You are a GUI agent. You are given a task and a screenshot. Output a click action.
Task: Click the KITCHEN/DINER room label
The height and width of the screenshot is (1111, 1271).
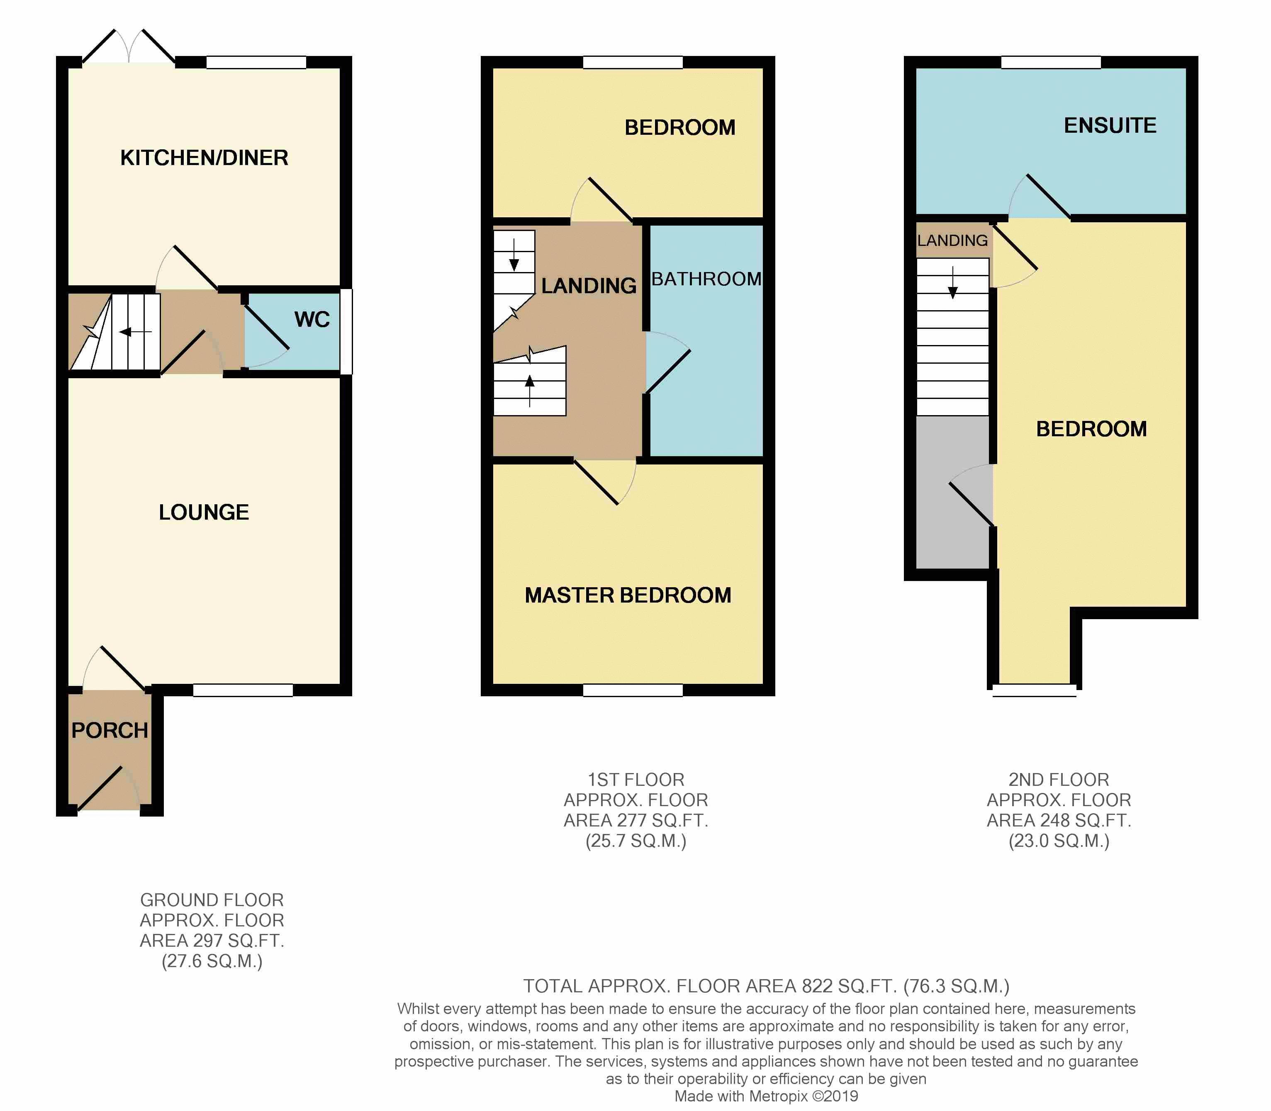click(204, 158)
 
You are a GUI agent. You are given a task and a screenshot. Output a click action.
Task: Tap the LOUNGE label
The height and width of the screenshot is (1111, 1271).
click(204, 512)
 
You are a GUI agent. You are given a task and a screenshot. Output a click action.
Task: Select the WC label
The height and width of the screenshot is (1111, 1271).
click(312, 319)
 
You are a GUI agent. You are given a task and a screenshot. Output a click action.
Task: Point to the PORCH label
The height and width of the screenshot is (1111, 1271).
click(110, 730)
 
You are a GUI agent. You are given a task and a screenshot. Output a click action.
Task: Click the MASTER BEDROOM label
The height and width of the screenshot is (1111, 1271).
click(628, 595)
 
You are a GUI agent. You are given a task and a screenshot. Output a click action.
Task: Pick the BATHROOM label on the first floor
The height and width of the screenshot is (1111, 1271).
click(706, 279)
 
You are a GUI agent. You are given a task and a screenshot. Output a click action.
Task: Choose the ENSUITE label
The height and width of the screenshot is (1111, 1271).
click(1110, 126)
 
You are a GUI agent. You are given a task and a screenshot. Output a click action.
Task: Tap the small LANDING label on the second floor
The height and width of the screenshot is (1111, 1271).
click(952, 241)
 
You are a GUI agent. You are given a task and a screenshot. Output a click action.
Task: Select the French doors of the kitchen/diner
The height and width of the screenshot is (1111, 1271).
click(129, 46)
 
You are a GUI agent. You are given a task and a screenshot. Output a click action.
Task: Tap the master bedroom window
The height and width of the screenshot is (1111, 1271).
click(633, 690)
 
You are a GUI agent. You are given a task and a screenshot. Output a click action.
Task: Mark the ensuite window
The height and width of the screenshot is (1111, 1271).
click(1051, 62)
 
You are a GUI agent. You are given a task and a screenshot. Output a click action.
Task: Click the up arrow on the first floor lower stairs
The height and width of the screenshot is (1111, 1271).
click(529, 391)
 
